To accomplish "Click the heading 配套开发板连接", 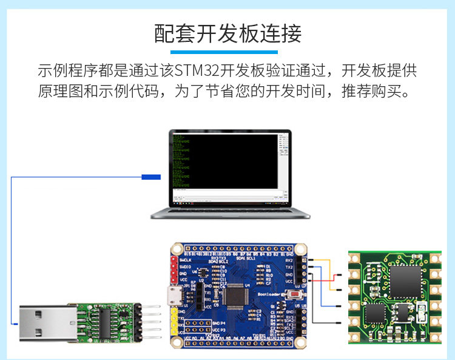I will [x=227, y=34].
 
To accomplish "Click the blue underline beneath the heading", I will [x=227, y=52].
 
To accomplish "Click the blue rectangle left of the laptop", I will [x=151, y=177].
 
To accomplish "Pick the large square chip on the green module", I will [x=405, y=282].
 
